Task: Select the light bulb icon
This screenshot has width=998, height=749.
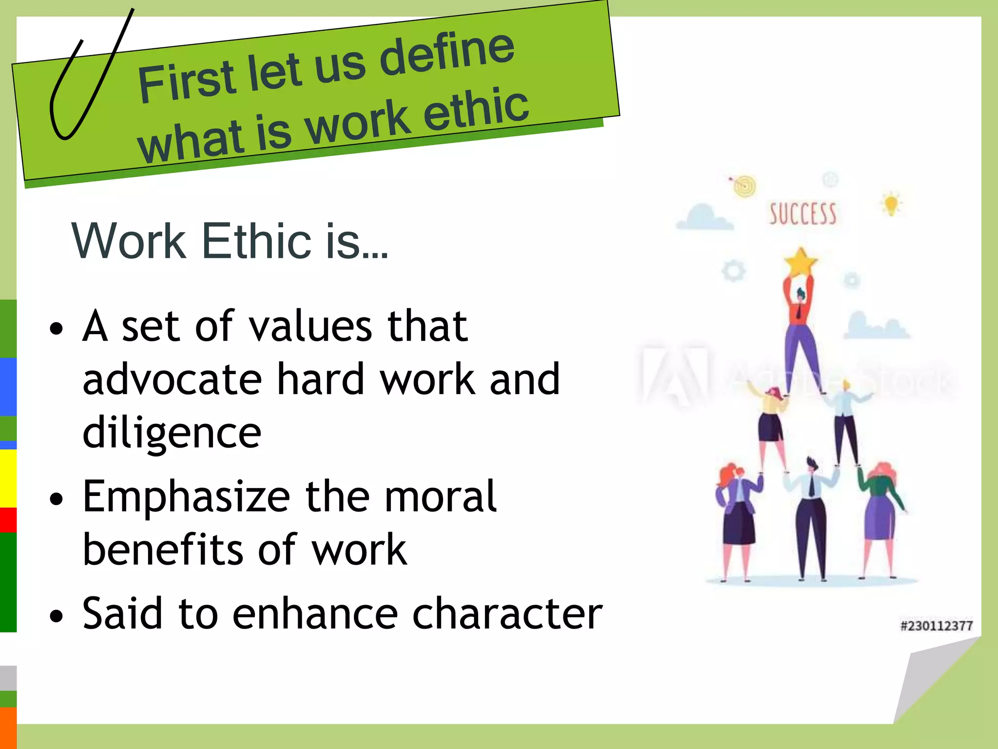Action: [x=891, y=204]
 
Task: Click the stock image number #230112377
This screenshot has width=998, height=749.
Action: [x=936, y=626]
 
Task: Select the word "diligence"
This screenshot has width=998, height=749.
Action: [x=172, y=434]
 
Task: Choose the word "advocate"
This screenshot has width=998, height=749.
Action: [x=172, y=379]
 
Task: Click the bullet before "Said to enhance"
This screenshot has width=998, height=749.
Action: [x=57, y=616]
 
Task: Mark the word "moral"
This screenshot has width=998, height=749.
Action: [x=441, y=497]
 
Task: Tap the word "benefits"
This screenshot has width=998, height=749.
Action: [x=163, y=550]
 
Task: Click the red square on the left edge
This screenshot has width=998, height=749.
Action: [x=8, y=520]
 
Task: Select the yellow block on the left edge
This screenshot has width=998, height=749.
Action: [x=8, y=478]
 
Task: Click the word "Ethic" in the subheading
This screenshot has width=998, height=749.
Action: [x=256, y=241]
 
